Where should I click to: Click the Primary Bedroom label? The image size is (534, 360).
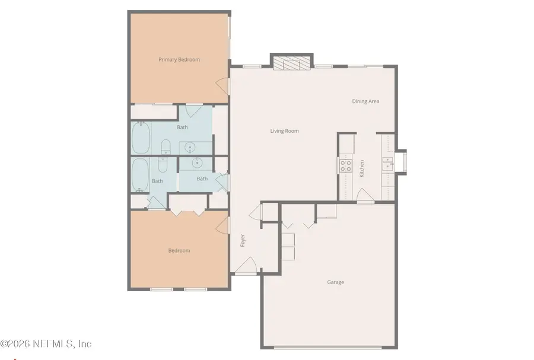(x=179, y=60)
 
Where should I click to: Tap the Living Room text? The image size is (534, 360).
(x=284, y=131)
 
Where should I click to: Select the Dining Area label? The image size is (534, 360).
(x=365, y=101)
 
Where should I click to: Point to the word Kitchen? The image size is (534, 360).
(x=361, y=168)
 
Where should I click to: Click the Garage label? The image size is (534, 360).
(x=335, y=282)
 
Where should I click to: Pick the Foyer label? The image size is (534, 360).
(x=243, y=241)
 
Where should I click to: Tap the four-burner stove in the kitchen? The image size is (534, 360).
(x=345, y=165)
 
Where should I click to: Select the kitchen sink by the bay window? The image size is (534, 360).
(x=387, y=164)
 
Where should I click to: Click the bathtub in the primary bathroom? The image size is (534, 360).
(x=141, y=136)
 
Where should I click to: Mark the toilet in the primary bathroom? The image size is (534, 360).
(x=166, y=146)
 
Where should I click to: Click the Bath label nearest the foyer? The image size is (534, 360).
(x=202, y=179)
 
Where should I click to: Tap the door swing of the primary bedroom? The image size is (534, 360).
(x=224, y=85)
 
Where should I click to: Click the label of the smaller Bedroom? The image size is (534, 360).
(x=179, y=251)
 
